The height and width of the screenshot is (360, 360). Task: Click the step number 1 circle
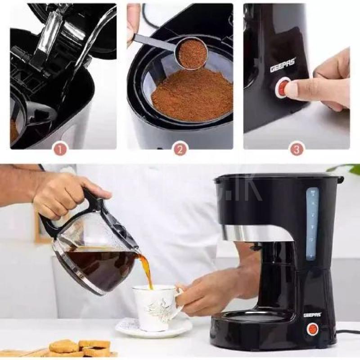(60, 148)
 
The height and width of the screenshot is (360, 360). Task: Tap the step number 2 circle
(180, 148)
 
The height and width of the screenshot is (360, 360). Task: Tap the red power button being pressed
(283, 87)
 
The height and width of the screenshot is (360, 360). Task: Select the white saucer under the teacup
(153, 328)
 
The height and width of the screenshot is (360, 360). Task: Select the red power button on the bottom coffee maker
(312, 329)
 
